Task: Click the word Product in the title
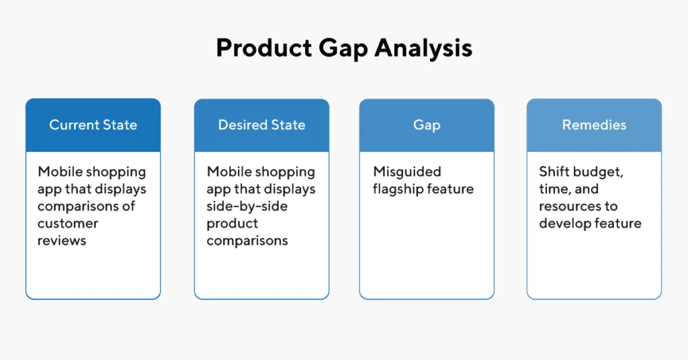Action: (x=263, y=48)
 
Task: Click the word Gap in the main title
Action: (x=341, y=48)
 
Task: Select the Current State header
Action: (x=93, y=125)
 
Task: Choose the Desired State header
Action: (x=261, y=125)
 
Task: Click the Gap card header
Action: (x=427, y=125)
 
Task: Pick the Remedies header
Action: (x=594, y=125)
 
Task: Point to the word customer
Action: (x=68, y=223)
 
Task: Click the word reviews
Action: (x=62, y=240)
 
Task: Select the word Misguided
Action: (x=407, y=172)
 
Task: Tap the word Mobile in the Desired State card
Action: (x=230, y=172)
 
